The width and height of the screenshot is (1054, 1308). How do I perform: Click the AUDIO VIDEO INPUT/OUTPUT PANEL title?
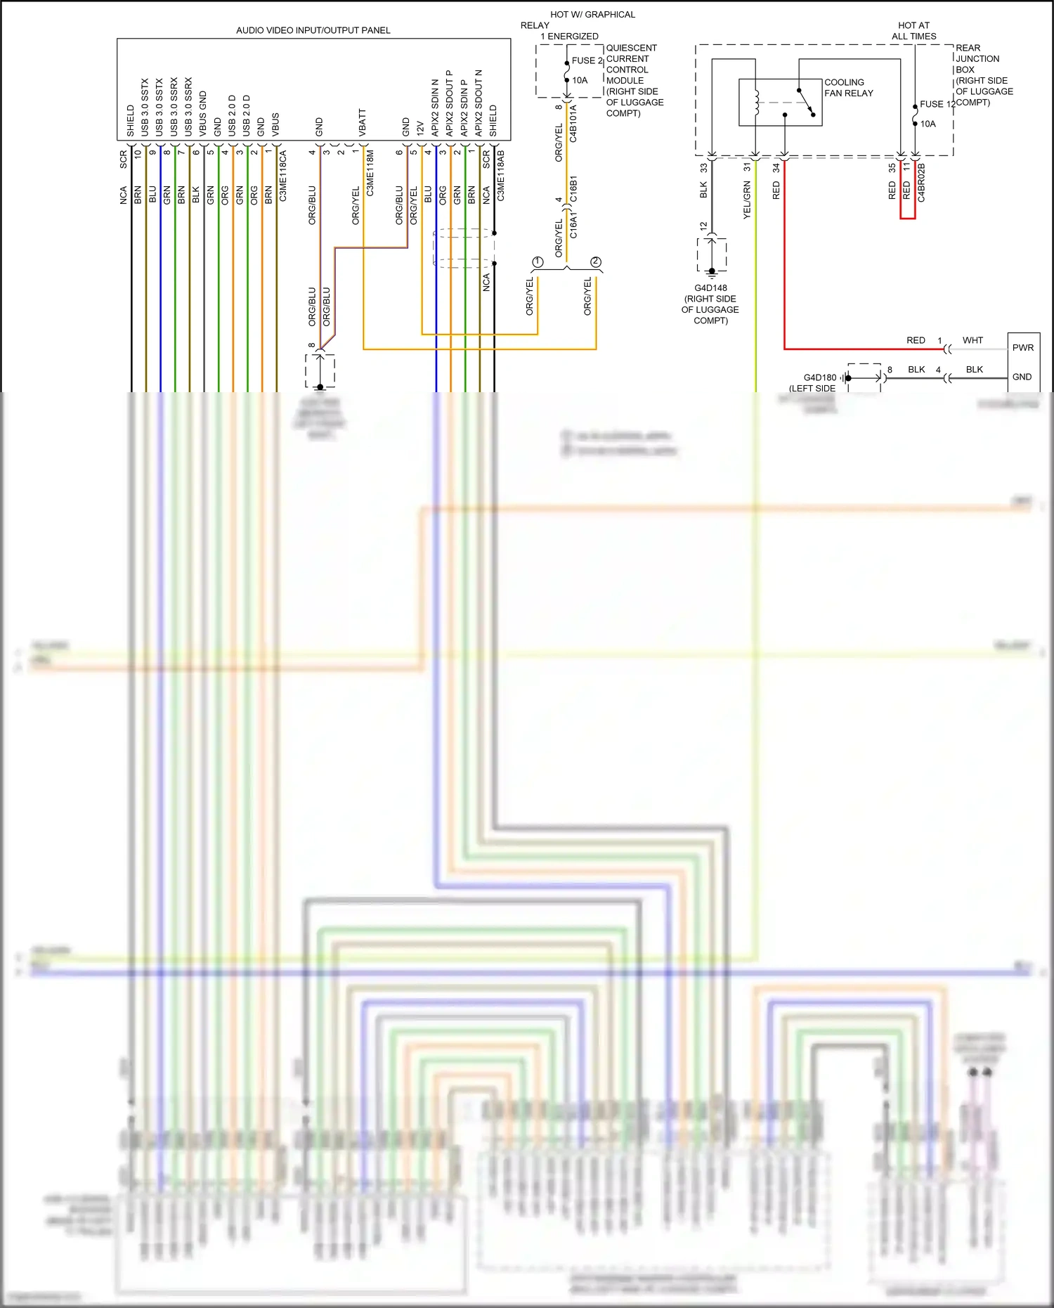click(x=313, y=30)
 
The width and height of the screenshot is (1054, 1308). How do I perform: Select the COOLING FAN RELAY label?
click(x=848, y=88)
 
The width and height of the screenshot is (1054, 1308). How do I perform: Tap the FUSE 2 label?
click(x=587, y=60)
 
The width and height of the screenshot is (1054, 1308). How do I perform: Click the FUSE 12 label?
click(x=937, y=104)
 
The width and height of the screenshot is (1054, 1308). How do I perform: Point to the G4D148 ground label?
click(x=710, y=288)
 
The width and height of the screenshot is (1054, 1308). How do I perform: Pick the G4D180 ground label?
click(x=820, y=377)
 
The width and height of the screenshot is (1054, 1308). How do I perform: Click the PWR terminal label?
click(x=1022, y=348)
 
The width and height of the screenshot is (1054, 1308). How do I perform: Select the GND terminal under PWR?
click(x=1022, y=377)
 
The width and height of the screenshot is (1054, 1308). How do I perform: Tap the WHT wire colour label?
click(x=972, y=340)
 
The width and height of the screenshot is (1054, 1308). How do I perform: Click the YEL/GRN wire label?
click(x=747, y=200)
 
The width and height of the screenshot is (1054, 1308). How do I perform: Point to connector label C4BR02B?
click(x=921, y=183)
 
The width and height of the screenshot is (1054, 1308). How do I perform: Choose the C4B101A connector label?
click(x=573, y=124)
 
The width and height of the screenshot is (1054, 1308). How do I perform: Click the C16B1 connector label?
click(x=573, y=189)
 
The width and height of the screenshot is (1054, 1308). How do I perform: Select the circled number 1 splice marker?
click(x=538, y=262)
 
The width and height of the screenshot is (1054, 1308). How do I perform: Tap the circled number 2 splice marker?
click(x=596, y=262)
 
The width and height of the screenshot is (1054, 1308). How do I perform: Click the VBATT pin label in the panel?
click(x=363, y=122)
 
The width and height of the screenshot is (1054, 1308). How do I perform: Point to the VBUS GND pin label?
click(x=203, y=113)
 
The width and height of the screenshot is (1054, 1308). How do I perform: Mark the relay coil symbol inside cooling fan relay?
click(x=756, y=103)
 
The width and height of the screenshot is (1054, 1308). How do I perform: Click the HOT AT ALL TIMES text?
click(x=913, y=30)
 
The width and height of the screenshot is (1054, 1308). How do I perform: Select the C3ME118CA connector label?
click(x=282, y=176)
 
